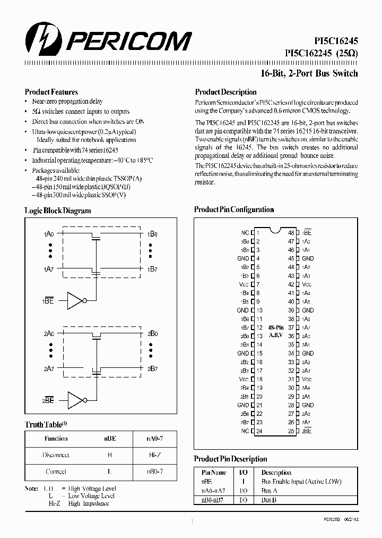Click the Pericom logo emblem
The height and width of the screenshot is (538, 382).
[x=40, y=40]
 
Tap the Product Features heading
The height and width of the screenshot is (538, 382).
[x=51, y=92]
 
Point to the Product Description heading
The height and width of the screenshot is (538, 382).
[x=225, y=92]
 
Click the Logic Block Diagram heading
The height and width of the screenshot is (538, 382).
[x=58, y=211]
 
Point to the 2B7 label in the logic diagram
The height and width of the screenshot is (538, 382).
[x=152, y=368]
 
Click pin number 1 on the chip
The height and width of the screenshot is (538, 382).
[x=258, y=232]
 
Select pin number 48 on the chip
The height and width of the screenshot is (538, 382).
[x=291, y=232]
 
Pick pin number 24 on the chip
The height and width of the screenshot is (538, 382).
[x=259, y=431]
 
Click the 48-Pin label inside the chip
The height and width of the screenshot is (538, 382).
[x=276, y=327]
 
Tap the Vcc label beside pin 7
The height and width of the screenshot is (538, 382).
[x=244, y=284]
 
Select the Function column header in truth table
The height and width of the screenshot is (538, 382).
[x=56, y=439]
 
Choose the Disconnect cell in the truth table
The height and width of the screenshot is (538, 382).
[x=56, y=455]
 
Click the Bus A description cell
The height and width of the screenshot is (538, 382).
[x=270, y=491]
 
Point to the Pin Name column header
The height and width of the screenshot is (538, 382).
[x=214, y=472]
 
